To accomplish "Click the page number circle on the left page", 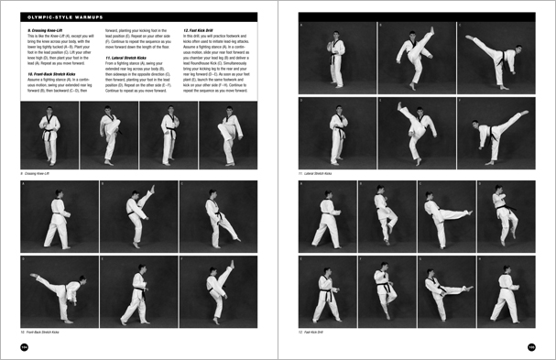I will pyautogui.click(x=26, y=346).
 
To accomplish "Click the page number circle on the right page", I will pyautogui.click(x=530, y=346).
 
